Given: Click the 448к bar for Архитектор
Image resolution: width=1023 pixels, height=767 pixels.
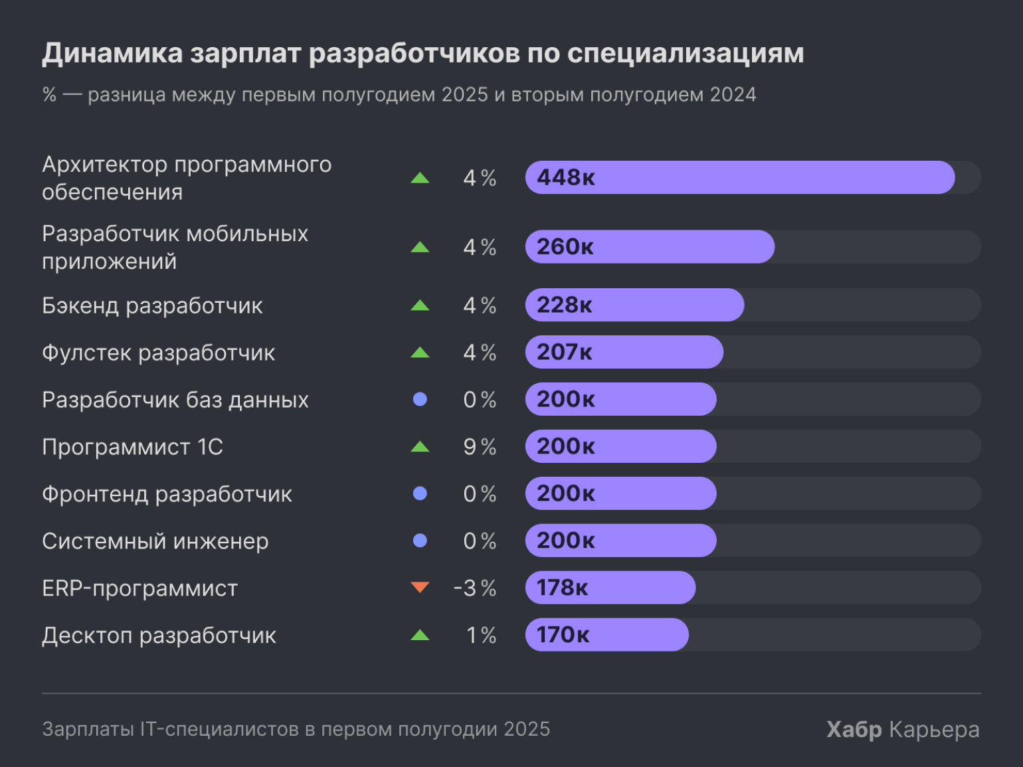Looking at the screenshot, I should click(739, 177).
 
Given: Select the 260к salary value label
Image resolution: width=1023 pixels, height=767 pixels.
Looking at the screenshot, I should click(565, 247).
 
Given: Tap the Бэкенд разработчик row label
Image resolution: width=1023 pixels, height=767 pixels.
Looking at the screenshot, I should click(152, 305).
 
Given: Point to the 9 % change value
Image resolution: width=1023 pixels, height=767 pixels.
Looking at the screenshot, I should click(480, 447).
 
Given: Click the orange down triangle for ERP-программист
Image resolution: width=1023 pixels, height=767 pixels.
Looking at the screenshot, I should click(420, 587).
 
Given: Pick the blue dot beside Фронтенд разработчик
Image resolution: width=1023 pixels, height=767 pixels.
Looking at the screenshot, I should click(420, 493).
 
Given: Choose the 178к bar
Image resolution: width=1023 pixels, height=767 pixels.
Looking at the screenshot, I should click(610, 588).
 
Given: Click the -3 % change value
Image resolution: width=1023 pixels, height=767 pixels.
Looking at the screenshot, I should click(475, 588).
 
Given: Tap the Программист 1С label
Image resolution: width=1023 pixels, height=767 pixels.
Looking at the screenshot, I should click(132, 447).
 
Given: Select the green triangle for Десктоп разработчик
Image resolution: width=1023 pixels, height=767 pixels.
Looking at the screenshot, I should click(420, 636).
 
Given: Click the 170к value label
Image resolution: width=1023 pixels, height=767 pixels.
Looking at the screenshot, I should click(563, 635).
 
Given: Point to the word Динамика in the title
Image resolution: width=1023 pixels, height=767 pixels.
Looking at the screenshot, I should click(112, 53).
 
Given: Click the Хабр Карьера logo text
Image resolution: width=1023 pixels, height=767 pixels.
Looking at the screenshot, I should click(903, 729).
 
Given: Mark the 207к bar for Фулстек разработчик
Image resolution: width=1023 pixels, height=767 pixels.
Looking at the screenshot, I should click(624, 352).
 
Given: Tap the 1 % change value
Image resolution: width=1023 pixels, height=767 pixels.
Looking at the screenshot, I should click(481, 636).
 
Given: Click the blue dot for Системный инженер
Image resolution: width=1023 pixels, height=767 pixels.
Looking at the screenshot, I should click(420, 541).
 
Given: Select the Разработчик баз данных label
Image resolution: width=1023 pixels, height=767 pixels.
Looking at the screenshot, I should click(175, 400).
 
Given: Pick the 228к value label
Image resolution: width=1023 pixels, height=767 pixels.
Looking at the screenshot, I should click(564, 305).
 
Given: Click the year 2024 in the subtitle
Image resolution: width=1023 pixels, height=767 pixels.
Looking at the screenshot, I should click(733, 95).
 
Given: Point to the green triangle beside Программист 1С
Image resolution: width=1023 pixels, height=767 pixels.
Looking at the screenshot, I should click(420, 447).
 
